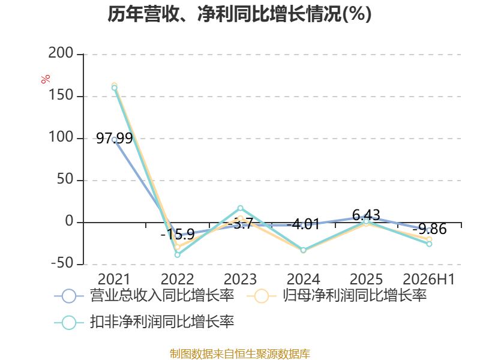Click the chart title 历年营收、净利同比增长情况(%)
click(x=239, y=14)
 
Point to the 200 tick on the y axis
click(x=61, y=53)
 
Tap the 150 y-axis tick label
click(x=61, y=95)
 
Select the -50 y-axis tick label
click(x=62, y=263)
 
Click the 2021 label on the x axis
click(x=114, y=279)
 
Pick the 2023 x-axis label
click(x=240, y=279)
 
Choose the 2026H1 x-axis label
click(x=428, y=279)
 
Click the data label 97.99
click(x=115, y=139)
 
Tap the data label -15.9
click(x=178, y=235)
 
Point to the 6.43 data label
click(x=366, y=215)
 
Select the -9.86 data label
click(x=430, y=229)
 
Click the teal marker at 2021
click(x=114, y=88)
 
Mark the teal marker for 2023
click(x=241, y=208)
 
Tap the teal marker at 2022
click(x=177, y=254)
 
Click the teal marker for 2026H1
click(x=429, y=244)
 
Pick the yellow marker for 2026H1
click(x=429, y=239)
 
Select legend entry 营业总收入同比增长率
click(x=144, y=296)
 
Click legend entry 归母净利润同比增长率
click(x=336, y=296)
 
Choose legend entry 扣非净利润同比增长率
click(x=144, y=322)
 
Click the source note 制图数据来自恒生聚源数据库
click(x=240, y=354)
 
